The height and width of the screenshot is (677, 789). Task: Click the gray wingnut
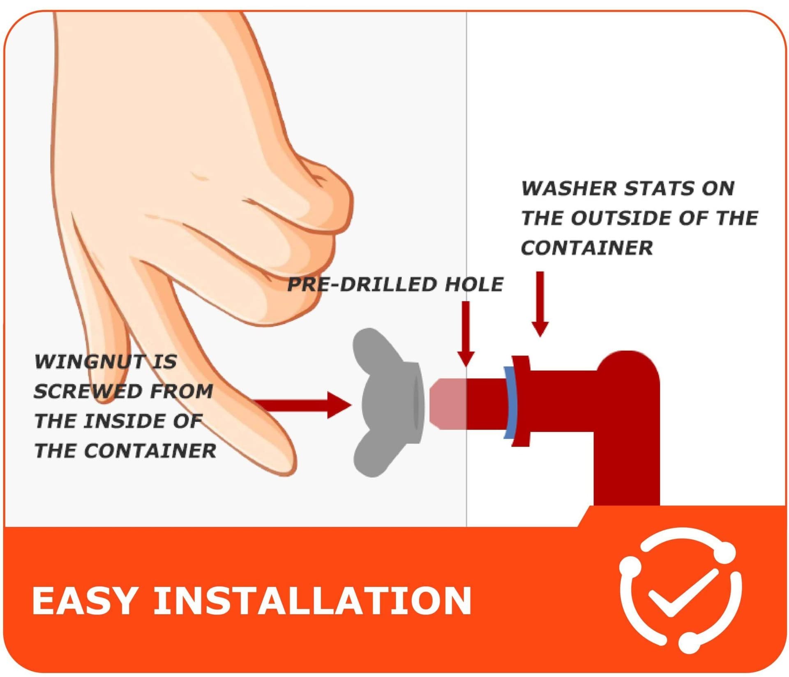pos(388,403)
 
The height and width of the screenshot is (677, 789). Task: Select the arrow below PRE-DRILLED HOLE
pos(466,334)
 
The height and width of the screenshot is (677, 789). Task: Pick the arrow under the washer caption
pos(540,304)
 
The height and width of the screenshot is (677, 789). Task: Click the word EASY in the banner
pos(84,601)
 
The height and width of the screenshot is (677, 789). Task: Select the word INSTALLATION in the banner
pos(312,601)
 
